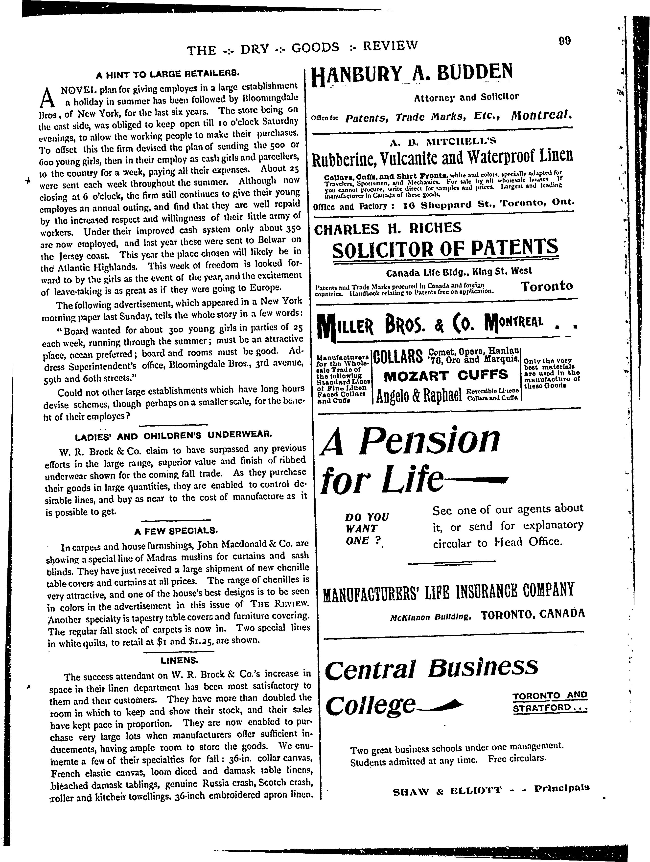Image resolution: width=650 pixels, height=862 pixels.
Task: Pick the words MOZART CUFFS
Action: tap(446, 375)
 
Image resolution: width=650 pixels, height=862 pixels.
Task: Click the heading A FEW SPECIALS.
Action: tap(176, 530)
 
